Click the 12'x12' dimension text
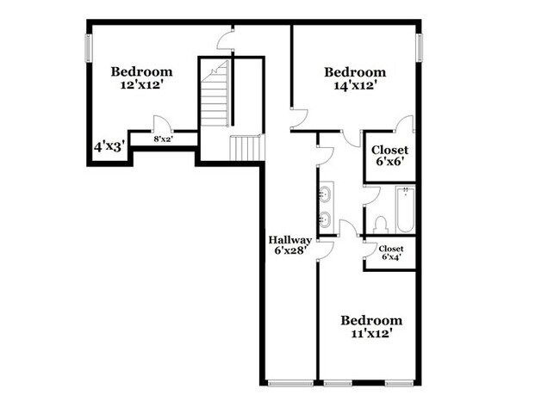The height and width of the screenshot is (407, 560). [141, 86]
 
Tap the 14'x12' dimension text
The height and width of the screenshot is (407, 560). [354, 86]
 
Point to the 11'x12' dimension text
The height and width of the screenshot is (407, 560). [371, 334]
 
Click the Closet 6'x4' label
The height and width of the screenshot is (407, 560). [391, 253]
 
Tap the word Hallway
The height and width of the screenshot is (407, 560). [289, 240]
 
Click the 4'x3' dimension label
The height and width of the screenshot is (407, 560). [110, 147]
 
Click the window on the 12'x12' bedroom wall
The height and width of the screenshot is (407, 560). [86, 48]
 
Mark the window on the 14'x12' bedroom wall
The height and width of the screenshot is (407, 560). [420, 48]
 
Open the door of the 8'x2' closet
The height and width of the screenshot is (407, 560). [159, 124]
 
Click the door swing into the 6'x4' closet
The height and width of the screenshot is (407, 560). [370, 250]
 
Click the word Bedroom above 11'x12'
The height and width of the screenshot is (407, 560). [371, 320]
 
